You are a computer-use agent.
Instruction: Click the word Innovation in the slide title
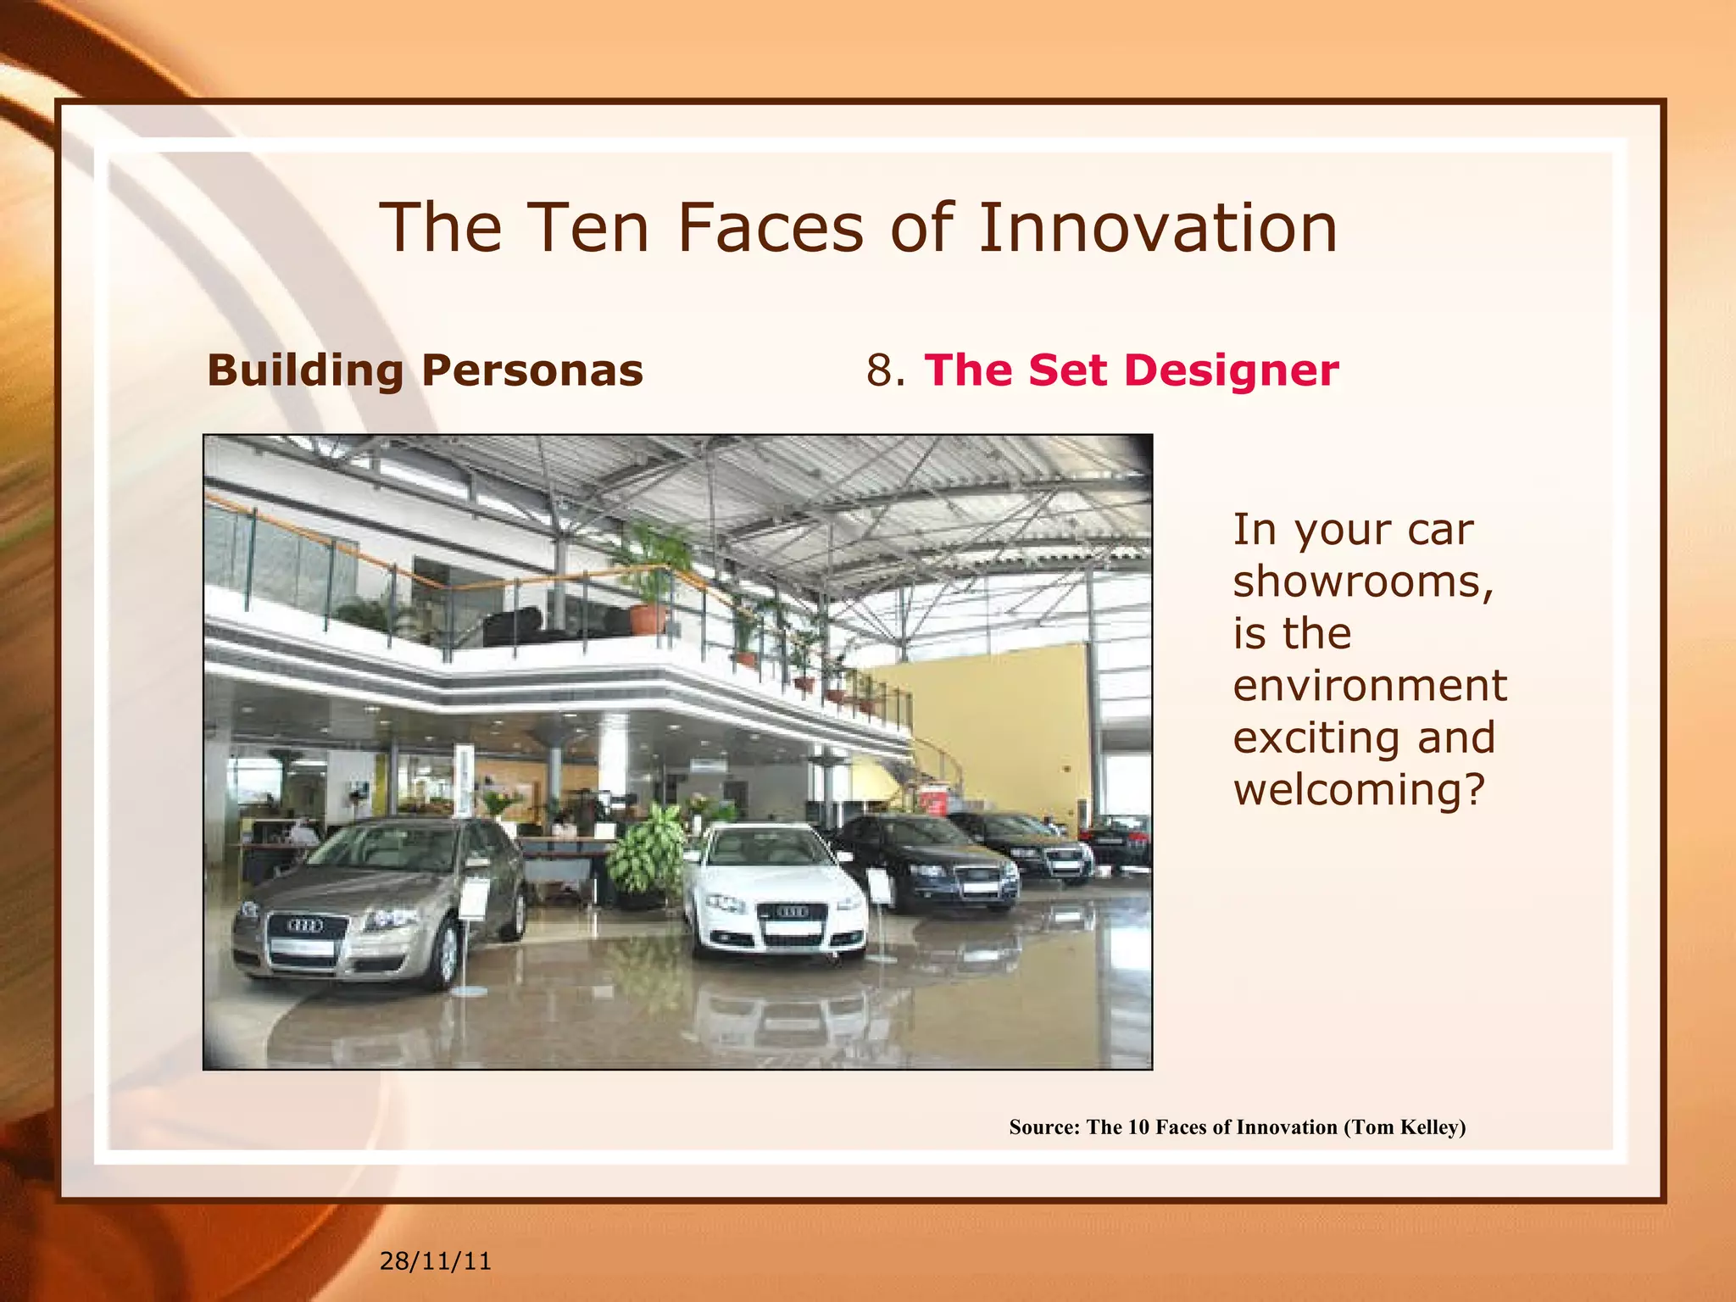tap(1157, 228)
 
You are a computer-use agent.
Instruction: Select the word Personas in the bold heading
tap(531, 370)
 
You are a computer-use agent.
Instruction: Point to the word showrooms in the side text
tap(1362, 581)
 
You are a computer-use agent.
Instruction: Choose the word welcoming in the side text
tap(1359, 789)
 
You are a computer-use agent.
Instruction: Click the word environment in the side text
tap(1370, 685)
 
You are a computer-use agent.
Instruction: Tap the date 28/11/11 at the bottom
tap(435, 1261)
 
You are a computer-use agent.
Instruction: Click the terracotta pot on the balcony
tap(648, 619)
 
